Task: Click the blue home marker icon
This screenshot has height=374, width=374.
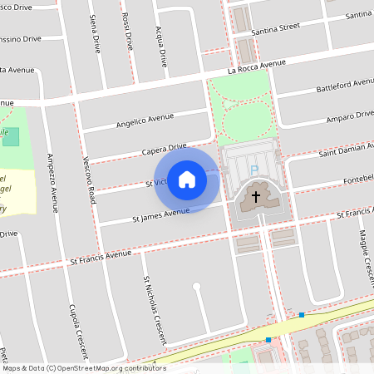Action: click(x=187, y=179)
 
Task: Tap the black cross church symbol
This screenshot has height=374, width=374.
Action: click(x=256, y=198)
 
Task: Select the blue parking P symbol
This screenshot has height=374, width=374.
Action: click(x=254, y=171)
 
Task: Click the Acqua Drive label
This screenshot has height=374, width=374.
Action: click(x=162, y=46)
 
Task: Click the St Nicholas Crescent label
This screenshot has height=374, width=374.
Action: click(x=154, y=309)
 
